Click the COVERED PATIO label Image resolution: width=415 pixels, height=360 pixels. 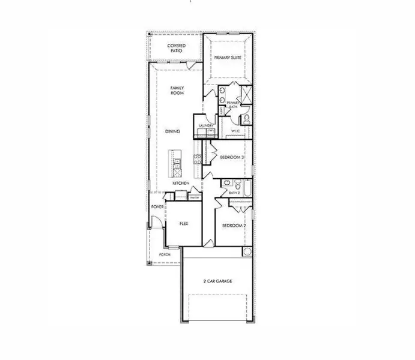tap(175, 48)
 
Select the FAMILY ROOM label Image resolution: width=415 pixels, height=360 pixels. tap(177, 91)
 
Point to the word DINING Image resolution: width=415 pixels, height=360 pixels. tap(173, 131)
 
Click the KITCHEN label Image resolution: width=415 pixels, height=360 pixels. tap(181, 183)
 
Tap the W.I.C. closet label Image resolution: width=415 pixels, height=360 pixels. tap(236, 131)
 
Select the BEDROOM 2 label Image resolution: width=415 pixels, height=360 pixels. tap(234, 225)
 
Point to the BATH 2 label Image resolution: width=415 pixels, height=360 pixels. tap(235, 193)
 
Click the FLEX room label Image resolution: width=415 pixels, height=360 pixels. tap(184, 223)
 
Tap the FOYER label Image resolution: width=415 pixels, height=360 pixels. tap(158, 207)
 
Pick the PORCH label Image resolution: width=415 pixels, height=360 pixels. tap(165, 254)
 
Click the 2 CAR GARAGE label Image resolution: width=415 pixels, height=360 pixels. tap(218, 281)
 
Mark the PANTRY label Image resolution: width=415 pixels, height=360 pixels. tap(194, 197)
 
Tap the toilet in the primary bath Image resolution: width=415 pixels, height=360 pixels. tap(246, 117)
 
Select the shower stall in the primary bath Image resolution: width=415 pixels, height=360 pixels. tap(244, 94)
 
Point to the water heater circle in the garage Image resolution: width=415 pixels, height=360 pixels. tap(247, 250)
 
